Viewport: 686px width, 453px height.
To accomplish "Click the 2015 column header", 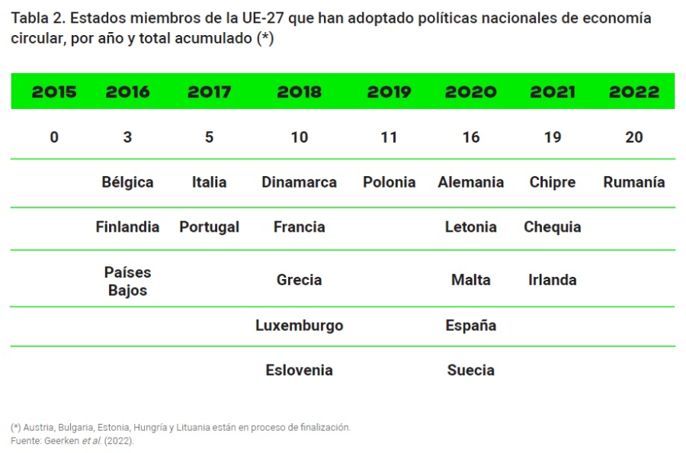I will coord(54,92).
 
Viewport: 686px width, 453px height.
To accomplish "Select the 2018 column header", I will coord(299,92).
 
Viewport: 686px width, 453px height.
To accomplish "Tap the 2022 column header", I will coord(634,92).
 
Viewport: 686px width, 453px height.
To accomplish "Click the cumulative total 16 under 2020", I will coord(471,137).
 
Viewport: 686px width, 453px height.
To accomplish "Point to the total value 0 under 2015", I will coord(54,137).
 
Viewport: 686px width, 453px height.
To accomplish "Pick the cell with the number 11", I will coord(389,137).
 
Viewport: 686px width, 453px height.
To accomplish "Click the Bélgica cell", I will coord(127,182).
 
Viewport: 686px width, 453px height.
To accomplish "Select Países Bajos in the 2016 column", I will coord(127,281).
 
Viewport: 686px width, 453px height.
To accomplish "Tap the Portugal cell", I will coord(209,227).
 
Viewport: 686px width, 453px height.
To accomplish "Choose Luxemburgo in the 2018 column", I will coord(299,326).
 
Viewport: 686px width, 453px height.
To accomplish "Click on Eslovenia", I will coord(299,371).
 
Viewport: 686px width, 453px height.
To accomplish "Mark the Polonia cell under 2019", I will coord(389,182).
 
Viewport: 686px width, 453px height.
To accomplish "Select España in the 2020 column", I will coord(471,326).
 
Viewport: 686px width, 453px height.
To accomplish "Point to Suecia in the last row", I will coord(471,371).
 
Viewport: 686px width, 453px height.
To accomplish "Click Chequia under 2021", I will coord(553,227).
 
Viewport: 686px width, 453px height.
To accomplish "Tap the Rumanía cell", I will coord(634,182).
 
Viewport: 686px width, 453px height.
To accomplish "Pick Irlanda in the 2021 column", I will coord(553,280).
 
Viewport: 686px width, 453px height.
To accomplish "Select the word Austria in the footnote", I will coord(39,428).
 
